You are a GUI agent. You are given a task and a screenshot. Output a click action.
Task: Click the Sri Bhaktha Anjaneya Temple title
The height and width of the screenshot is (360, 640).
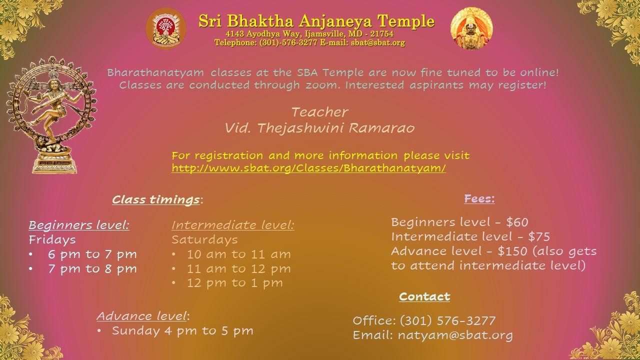pos(316,21)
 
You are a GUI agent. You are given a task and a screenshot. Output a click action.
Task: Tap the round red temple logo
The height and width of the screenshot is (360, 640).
pos(166,28)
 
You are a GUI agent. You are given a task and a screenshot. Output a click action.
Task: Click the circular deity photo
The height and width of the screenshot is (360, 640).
pos(471,28)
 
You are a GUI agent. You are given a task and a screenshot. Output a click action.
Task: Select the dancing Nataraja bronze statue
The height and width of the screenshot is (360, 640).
pos(52,115)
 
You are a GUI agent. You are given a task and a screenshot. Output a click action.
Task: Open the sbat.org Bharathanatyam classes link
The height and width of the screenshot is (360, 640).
pos(308,168)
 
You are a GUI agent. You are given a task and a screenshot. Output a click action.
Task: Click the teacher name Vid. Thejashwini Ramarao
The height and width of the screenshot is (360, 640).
pos(319,127)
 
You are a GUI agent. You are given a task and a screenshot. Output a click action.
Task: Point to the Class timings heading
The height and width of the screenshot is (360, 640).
pos(155,199)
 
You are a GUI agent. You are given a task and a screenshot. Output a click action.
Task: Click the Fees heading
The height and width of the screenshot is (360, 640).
pos(479,198)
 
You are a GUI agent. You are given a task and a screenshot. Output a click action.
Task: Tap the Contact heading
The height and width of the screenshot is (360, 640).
pos(424,296)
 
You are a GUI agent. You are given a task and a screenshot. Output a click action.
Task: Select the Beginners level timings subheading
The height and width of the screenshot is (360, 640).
pos(79,225)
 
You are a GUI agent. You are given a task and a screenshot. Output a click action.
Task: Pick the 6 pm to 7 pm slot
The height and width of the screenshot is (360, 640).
pos(92,254)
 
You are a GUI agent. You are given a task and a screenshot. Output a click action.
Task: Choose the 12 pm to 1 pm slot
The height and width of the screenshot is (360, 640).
pos(235,283)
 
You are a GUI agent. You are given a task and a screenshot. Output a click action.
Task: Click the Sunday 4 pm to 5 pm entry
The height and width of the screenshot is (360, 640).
pos(182,330)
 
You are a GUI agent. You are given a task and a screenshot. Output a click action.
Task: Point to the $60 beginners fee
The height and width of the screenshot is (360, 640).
pos(517,222)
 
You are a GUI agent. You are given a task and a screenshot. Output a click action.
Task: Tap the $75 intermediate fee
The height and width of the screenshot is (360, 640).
pos(539,236)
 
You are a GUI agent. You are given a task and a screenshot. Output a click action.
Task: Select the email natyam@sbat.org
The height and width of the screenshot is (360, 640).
pos(455,335)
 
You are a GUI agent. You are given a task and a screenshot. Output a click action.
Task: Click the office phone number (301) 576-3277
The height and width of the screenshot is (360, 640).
pos(447,320)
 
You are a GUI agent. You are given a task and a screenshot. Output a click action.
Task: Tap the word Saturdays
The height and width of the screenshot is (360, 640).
pos(204,239)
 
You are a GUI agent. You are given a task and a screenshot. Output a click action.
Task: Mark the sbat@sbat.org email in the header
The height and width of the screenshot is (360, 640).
pos(377,42)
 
